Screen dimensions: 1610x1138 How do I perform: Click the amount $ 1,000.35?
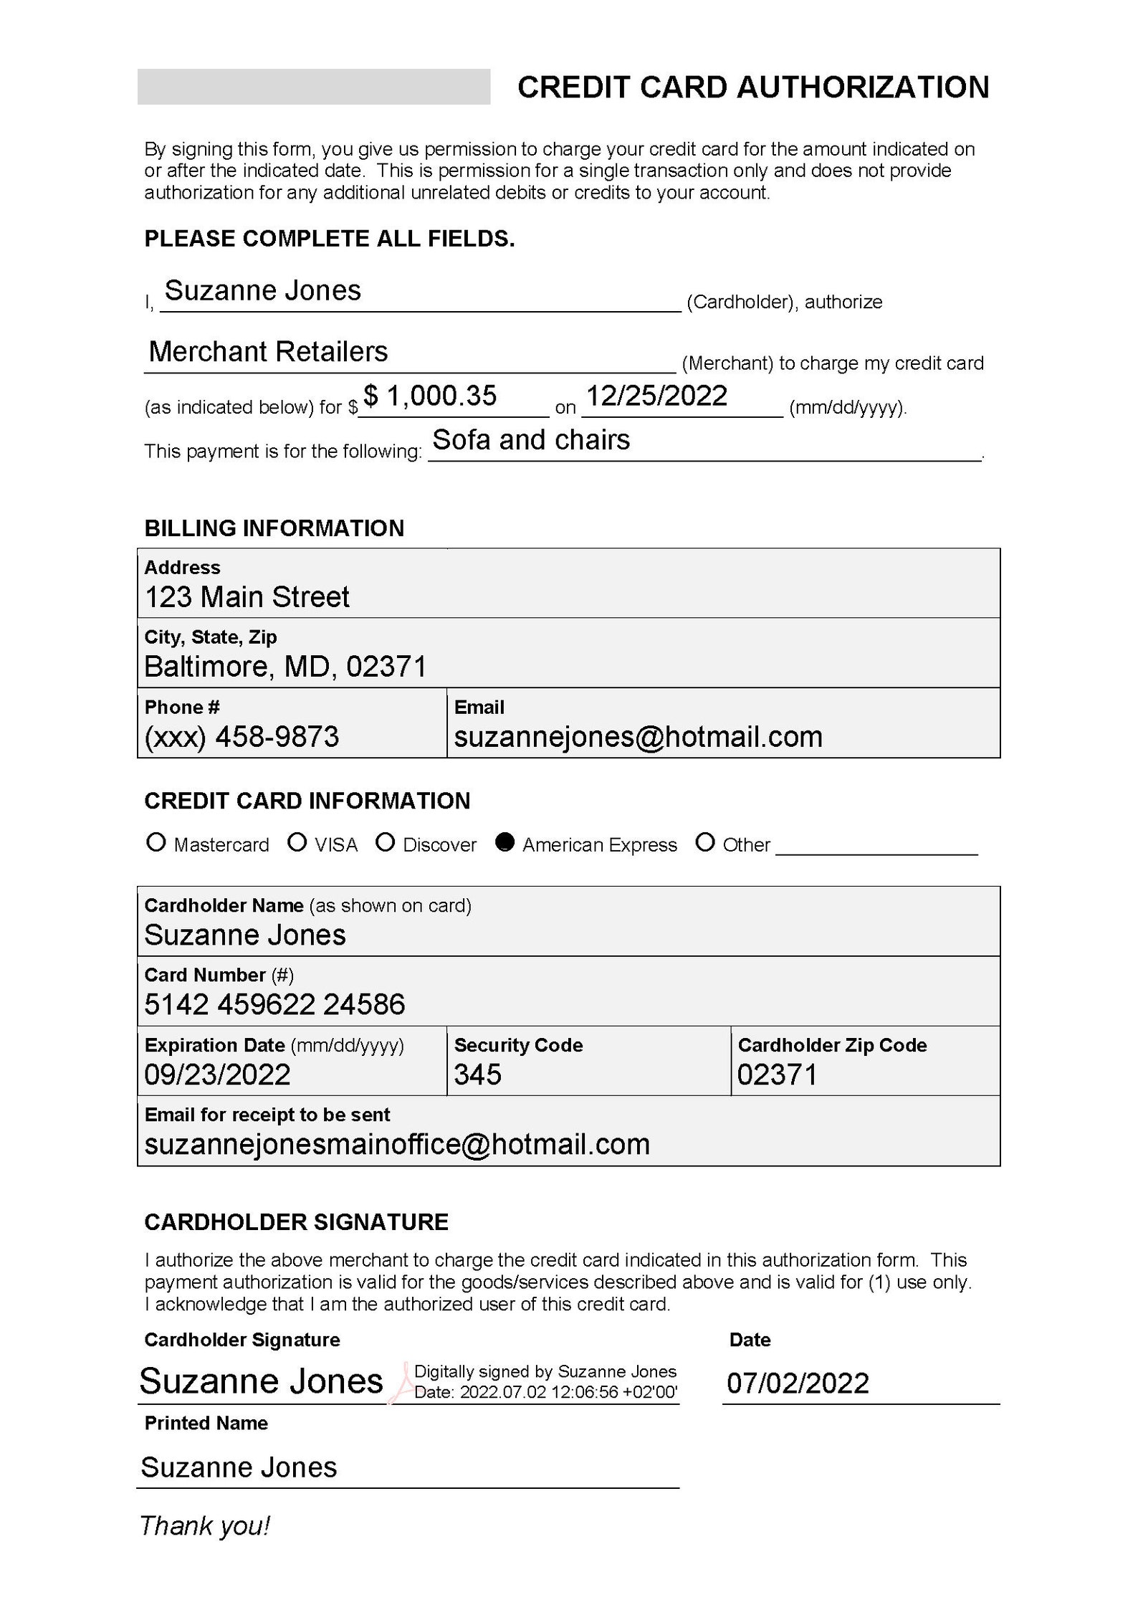[430, 396]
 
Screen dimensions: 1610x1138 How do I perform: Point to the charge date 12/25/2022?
[656, 396]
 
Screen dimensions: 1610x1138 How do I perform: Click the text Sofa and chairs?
[531, 439]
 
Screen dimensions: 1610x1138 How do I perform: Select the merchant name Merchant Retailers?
[268, 351]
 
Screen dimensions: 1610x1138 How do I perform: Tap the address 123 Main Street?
[247, 597]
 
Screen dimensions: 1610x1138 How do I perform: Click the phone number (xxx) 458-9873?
[242, 737]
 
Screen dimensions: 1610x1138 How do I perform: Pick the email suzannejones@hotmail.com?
[639, 737]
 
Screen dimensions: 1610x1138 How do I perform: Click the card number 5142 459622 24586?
[274, 1004]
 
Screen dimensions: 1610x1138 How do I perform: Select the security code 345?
[478, 1074]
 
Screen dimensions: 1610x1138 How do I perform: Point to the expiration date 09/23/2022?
[218, 1074]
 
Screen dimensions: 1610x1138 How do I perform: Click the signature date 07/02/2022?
[798, 1382]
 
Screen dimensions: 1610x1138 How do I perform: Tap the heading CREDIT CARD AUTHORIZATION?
[753, 87]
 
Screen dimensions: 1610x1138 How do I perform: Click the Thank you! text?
[205, 1525]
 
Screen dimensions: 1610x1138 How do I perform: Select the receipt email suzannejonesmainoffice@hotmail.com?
[397, 1144]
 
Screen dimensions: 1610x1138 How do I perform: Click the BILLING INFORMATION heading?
[274, 528]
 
